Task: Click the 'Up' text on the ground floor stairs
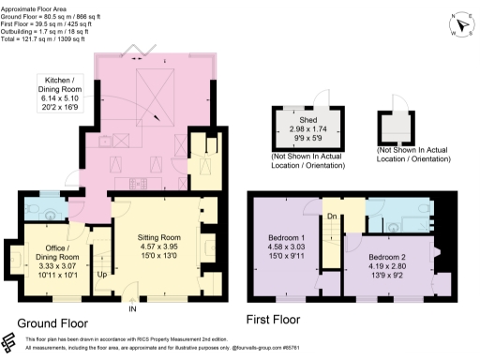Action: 102,276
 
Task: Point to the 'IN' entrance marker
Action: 132,308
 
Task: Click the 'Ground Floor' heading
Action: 57,323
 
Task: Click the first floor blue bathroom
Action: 394,216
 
